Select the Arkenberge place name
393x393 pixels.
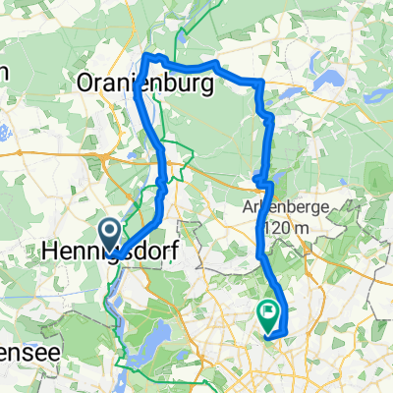[283, 207]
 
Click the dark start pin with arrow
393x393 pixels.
[108, 233]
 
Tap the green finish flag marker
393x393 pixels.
[268, 313]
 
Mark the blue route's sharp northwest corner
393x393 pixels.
[146, 56]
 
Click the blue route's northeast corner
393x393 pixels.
[259, 82]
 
